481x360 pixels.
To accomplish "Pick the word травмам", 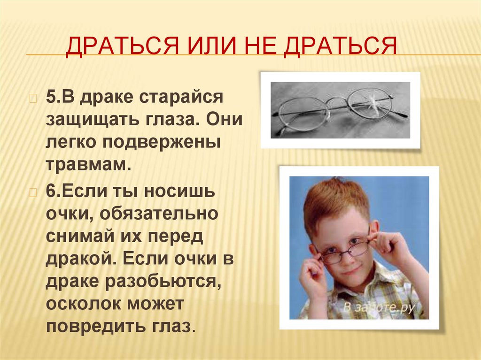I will (87, 163).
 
